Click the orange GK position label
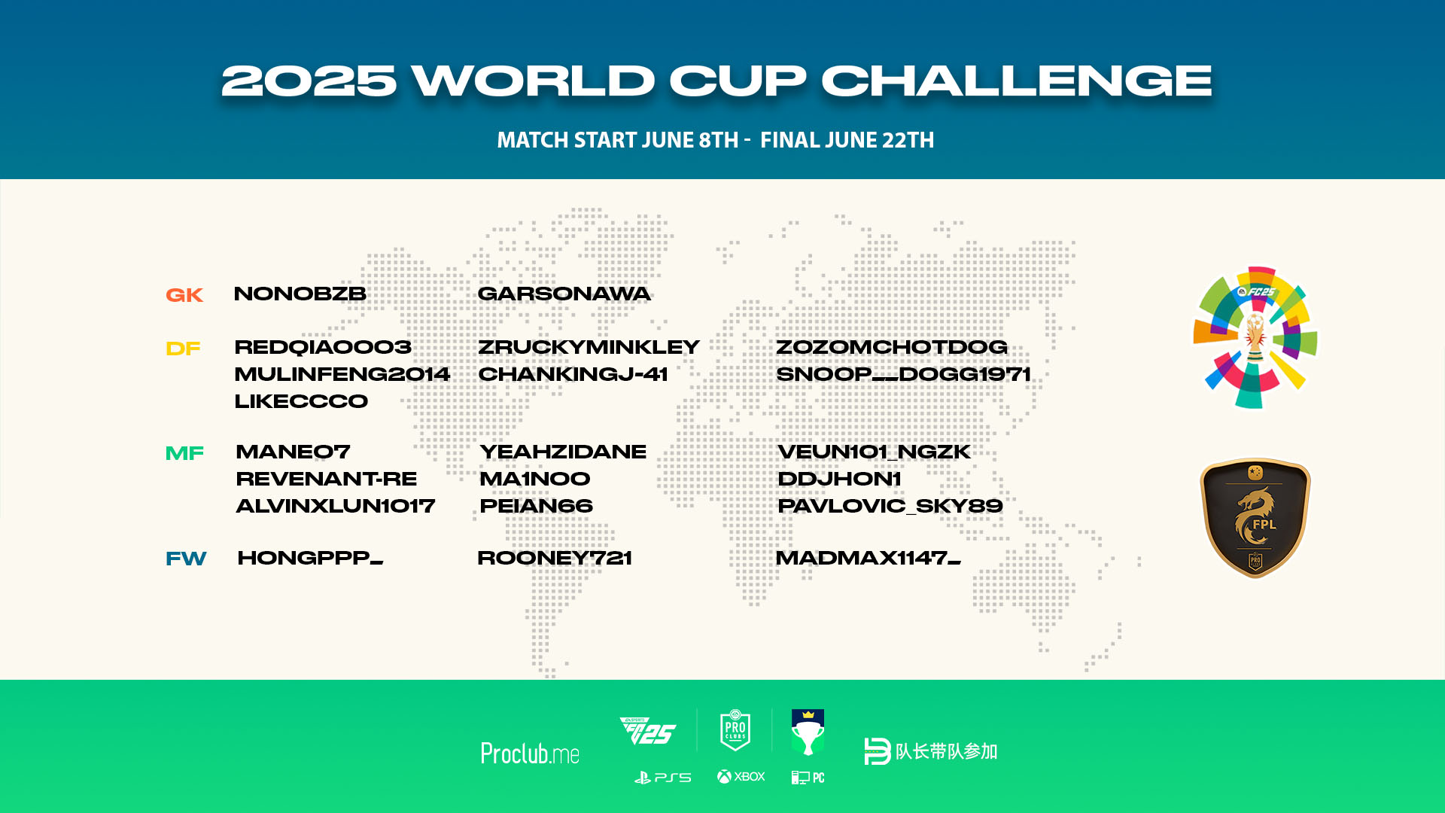184,295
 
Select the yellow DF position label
183,349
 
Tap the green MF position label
184,453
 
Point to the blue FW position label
186,559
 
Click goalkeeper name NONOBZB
300,294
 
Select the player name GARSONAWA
564,294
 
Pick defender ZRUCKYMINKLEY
589,347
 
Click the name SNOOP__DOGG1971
903,374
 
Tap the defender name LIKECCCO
301,401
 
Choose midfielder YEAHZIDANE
563,452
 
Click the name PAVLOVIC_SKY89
890,506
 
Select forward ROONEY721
555,558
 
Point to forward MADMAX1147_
868,558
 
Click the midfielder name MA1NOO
535,479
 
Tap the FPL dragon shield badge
1255,518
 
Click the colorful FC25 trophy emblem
1255,337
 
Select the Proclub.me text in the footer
530,753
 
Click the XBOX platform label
741,777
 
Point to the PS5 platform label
662,778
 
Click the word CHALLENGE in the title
1017,81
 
